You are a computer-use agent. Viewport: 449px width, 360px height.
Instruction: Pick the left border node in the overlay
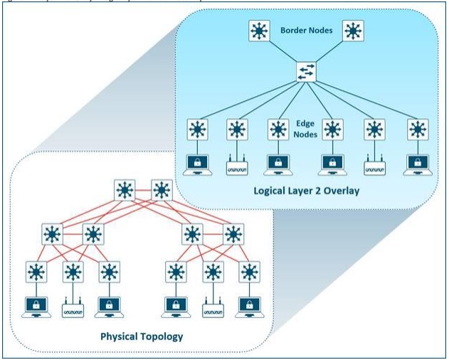click(258, 32)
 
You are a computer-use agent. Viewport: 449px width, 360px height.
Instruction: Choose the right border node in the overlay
click(353, 32)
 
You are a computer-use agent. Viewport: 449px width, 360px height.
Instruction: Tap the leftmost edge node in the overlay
click(197, 130)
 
